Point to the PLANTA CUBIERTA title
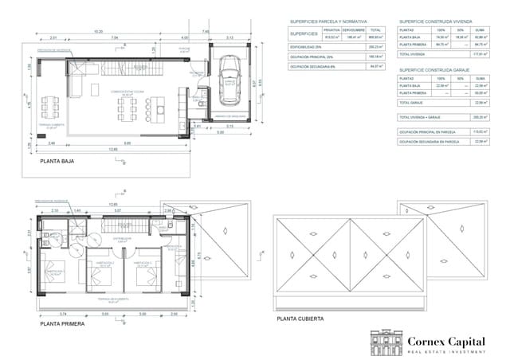coord(300,319)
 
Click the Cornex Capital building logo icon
coord(386,340)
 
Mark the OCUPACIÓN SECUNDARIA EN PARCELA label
coord(430,141)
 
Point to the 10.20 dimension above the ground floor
coord(98,32)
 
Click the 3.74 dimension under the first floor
coord(63,314)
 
